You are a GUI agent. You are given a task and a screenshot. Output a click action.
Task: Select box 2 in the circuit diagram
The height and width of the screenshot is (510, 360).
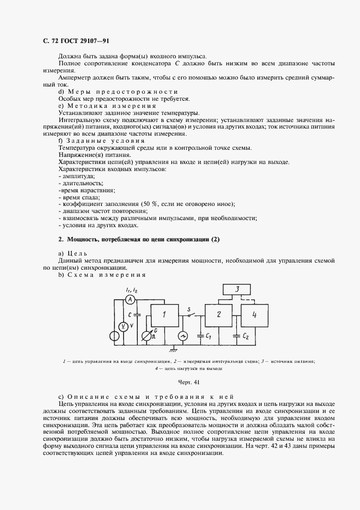click(x=218, y=314)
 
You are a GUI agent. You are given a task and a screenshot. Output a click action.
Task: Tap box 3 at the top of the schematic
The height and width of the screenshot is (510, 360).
click(x=237, y=289)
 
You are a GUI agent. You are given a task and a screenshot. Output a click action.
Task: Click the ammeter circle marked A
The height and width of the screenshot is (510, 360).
click(x=130, y=300)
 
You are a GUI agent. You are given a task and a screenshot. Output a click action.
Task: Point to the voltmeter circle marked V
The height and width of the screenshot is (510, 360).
click(x=123, y=326)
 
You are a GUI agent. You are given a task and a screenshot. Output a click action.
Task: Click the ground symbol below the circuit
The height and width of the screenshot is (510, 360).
click(x=173, y=348)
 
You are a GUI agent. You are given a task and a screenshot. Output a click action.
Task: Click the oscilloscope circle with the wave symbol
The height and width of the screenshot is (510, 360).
click(x=184, y=336)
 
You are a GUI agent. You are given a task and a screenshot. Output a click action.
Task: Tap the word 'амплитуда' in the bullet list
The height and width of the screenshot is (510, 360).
click(x=78, y=176)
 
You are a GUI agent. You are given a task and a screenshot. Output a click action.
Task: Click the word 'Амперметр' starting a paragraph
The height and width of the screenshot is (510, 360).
click(x=77, y=78)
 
